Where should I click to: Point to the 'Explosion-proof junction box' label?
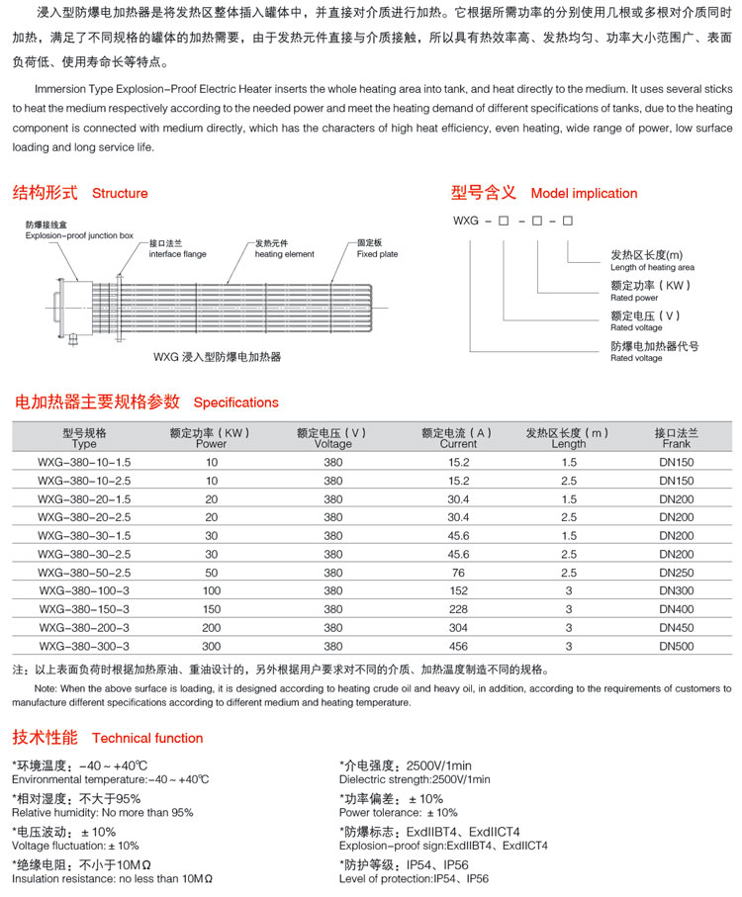(x=79, y=236)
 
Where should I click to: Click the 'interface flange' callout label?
(x=177, y=254)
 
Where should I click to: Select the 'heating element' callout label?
(x=284, y=254)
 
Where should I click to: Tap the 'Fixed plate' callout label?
(x=377, y=254)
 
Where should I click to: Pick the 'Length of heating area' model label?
(x=652, y=267)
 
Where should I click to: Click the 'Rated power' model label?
(x=634, y=298)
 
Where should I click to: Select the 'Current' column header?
(x=458, y=444)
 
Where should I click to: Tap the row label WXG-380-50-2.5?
(x=84, y=573)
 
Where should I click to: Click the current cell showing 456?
(x=459, y=646)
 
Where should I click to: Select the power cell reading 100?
(x=212, y=591)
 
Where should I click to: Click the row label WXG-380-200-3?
(x=84, y=628)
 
